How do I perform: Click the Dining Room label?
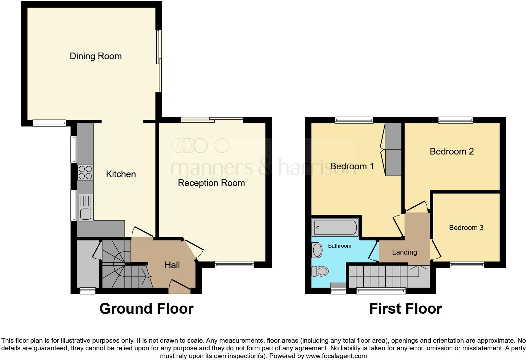[x=96, y=56]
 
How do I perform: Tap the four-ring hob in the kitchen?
[x=85, y=172]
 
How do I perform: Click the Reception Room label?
[x=211, y=183]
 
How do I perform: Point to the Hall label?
[x=172, y=265]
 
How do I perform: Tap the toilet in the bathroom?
[x=320, y=271]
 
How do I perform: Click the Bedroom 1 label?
[x=352, y=166]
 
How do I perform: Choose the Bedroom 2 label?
[x=451, y=151]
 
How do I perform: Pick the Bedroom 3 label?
[x=466, y=228]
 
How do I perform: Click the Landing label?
[x=404, y=252]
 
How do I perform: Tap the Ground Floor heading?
[x=146, y=309]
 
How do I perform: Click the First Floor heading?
[x=405, y=309]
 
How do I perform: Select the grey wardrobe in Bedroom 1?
[x=393, y=149]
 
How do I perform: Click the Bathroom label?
[x=339, y=246]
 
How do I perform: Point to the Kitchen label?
[x=121, y=174]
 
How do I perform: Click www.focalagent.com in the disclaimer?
[x=336, y=356]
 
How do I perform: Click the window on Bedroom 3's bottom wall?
[x=467, y=265]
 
